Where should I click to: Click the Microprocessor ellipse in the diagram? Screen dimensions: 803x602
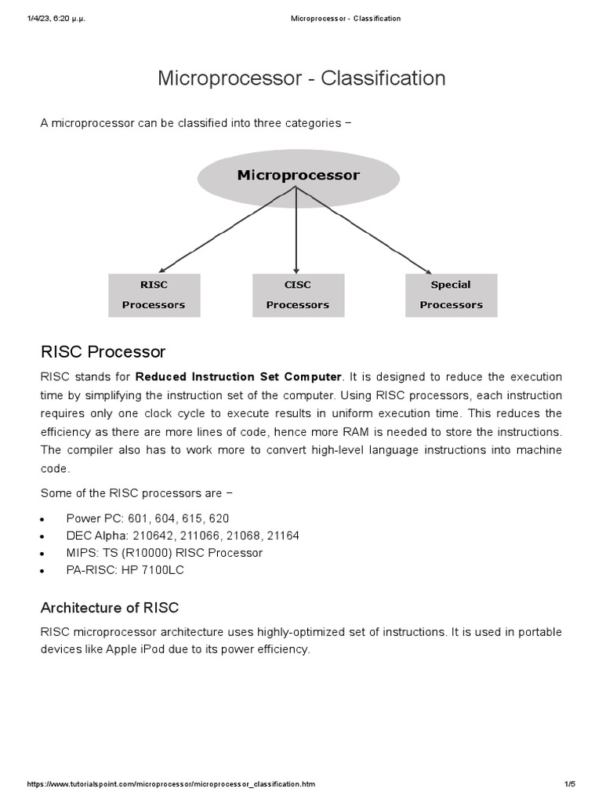(298, 177)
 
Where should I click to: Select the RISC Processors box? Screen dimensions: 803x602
(154, 295)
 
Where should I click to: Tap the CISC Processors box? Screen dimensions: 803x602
(298, 295)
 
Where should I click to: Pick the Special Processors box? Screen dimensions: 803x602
(451, 295)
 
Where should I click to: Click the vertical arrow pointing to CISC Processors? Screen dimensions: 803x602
(296, 235)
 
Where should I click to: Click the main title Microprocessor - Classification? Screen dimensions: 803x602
(301, 78)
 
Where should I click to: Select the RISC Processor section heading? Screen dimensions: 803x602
(103, 351)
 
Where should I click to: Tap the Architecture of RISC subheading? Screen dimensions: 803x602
(109, 608)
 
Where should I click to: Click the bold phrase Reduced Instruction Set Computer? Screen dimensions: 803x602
(239, 377)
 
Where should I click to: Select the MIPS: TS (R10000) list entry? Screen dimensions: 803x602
(164, 553)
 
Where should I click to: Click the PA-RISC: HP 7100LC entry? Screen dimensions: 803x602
(125, 570)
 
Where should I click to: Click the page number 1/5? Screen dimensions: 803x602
(569, 784)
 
